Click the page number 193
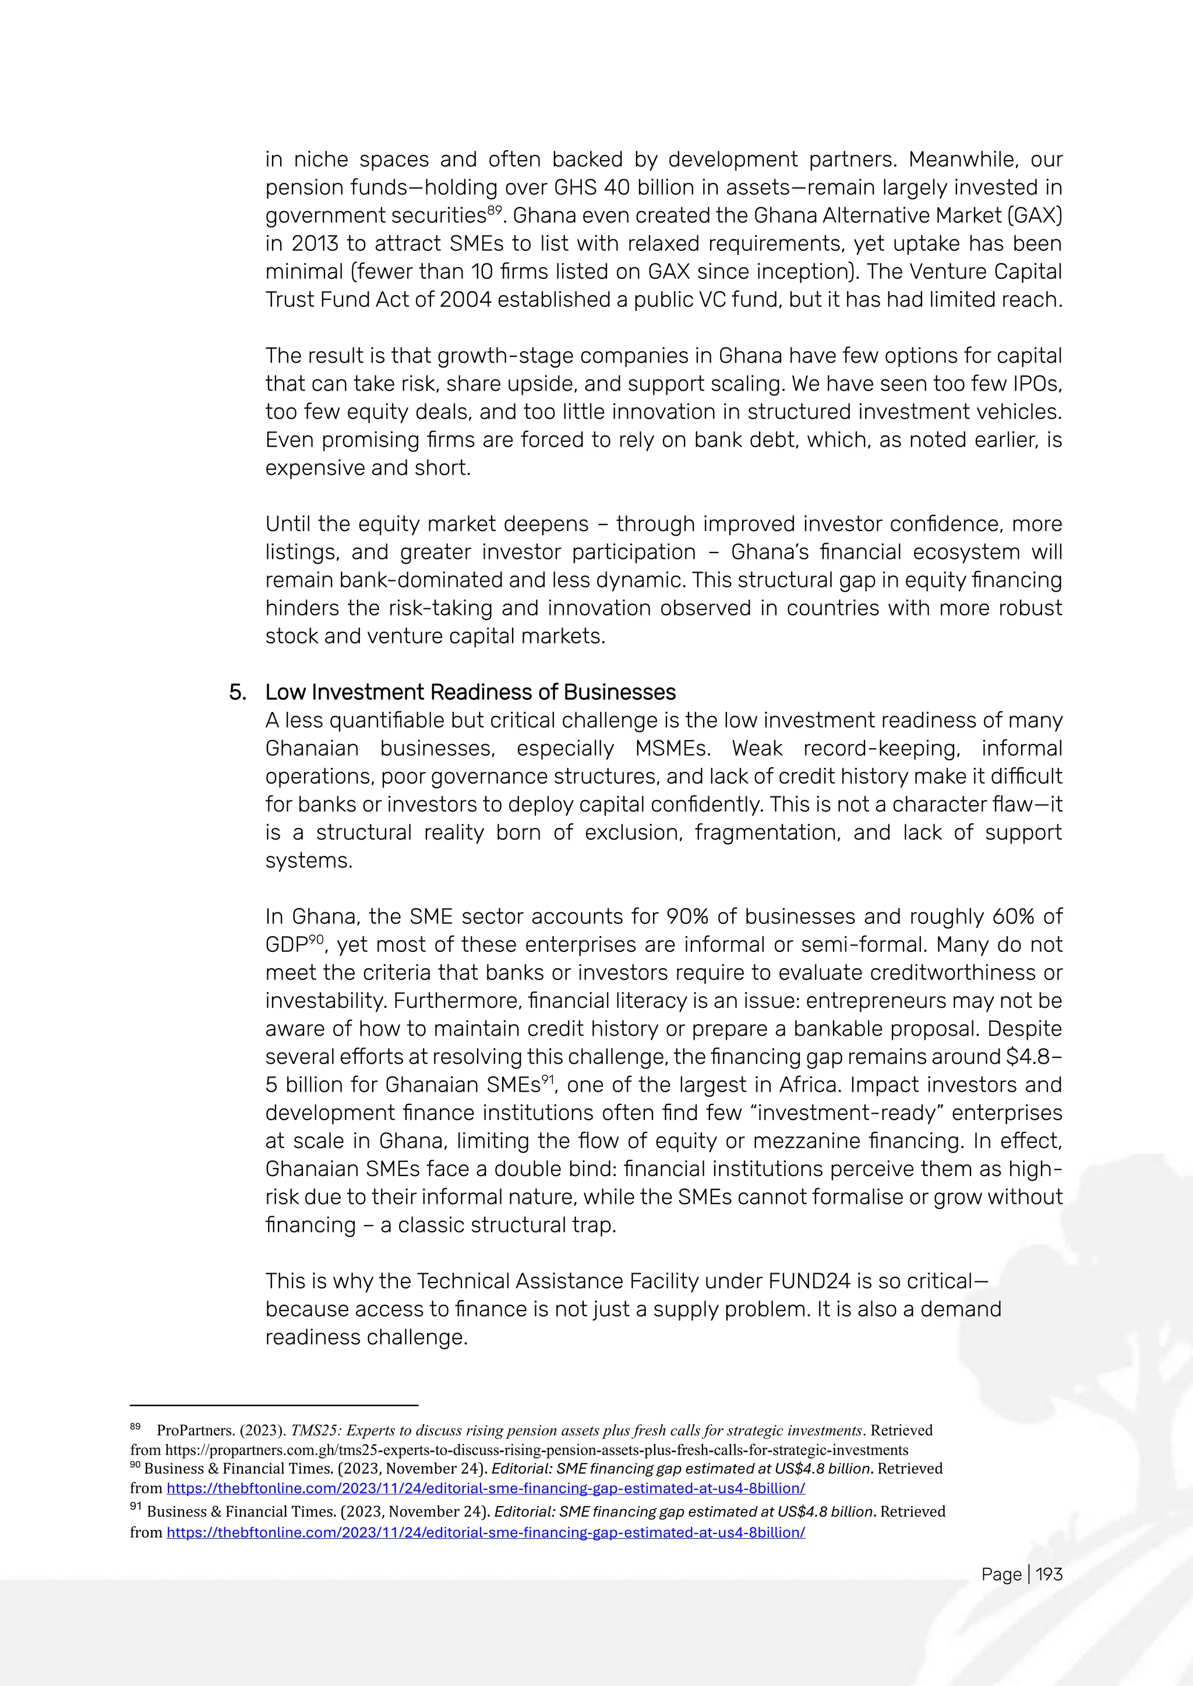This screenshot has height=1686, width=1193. (1049, 1574)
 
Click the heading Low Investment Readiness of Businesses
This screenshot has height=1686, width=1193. (470, 692)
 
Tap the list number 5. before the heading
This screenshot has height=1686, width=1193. (237, 692)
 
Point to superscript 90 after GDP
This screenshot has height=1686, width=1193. (316, 940)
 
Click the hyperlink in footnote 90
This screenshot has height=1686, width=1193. (486, 1489)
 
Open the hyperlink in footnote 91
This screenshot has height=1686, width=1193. (486, 1532)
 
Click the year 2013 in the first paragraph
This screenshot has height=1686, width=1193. (317, 244)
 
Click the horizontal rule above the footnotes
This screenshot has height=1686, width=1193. (274, 1405)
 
